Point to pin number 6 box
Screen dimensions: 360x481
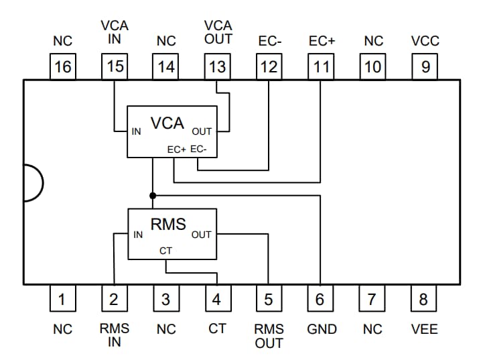(320, 298)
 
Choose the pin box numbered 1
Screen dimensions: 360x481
(62, 298)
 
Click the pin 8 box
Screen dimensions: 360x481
(423, 298)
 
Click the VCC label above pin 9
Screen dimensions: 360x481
(425, 41)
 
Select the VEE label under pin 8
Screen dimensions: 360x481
(423, 329)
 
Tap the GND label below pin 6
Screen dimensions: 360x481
(322, 329)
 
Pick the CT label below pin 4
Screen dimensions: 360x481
(217, 329)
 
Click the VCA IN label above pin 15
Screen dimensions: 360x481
(115, 32)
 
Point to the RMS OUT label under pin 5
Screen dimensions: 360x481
(269, 336)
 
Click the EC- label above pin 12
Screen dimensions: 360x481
(269, 41)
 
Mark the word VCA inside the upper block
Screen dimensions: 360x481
(167, 123)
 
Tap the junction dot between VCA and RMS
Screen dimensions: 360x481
(153, 195)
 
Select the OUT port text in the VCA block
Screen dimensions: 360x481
(202, 131)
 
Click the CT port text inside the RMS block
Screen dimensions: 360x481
(165, 251)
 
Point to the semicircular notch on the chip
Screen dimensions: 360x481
(32, 182)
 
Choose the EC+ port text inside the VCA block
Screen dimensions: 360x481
(176, 149)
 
